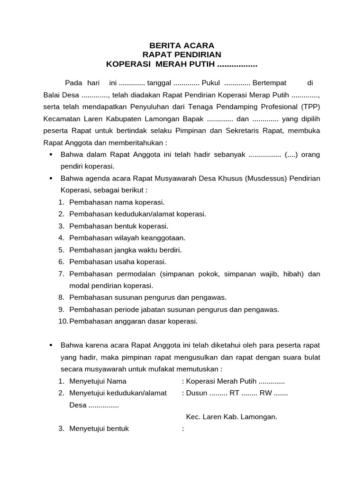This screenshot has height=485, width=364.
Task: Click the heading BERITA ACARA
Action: tap(182, 45)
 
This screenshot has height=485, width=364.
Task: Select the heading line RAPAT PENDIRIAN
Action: tap(182, 55)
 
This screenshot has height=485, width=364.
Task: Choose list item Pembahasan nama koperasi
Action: tap(117, 202)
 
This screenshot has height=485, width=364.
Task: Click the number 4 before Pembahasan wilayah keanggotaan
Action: tap(61, 238)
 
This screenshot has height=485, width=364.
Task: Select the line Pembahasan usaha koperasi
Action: tap(118, 261)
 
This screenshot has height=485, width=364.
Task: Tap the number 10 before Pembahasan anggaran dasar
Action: tap(63, 321)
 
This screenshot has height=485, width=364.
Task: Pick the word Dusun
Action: tap(197, 393)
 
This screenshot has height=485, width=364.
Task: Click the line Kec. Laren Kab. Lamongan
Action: tap(231, 417)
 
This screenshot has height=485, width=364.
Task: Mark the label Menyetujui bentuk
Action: tap(99, 429)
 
